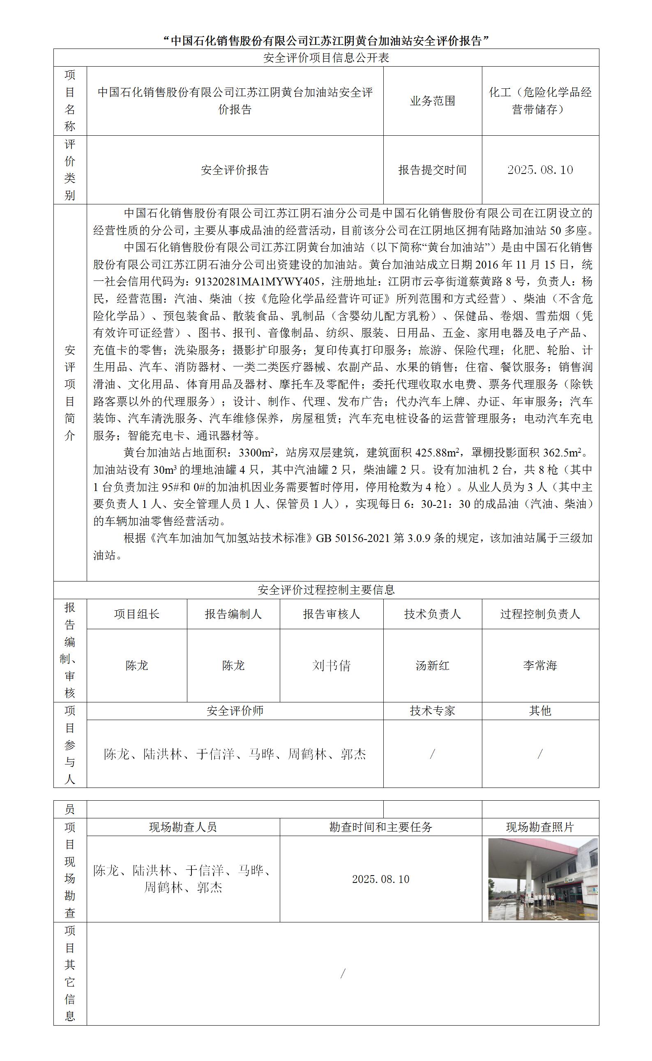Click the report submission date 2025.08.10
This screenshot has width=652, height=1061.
540,170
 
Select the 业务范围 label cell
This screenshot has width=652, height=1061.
432,101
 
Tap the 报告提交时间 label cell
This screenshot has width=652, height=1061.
432,170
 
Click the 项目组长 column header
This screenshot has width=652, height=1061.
137,614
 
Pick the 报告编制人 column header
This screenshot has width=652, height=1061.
233,614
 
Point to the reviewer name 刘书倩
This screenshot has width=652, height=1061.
331,665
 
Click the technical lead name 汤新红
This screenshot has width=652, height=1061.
432,665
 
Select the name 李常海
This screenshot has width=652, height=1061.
540,665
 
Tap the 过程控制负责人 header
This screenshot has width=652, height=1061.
540,614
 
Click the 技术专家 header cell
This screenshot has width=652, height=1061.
432,711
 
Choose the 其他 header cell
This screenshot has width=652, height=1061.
540,711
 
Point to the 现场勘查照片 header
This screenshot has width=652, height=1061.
540,827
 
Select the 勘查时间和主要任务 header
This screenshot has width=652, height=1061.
380,827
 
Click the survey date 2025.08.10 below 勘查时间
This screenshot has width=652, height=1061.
380,879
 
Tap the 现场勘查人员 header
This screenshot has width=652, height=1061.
183,827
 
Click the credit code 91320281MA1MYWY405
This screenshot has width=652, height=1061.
258,282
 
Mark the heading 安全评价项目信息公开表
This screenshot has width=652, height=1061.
326,58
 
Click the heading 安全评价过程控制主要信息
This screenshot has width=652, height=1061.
326,590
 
